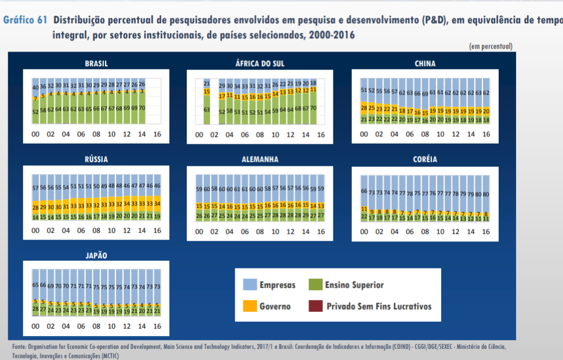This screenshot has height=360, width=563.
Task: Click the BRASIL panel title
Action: click(96, 64)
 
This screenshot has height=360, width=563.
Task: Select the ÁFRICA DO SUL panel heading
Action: click(260, 64)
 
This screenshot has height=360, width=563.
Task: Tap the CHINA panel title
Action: click(425, 64)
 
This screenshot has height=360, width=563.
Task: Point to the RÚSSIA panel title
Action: click(96, 159)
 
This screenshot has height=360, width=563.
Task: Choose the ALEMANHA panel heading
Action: click(260, 159)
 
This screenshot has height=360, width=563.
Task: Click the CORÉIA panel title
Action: click(425, 159)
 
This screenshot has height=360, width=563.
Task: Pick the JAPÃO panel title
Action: click(96, 255)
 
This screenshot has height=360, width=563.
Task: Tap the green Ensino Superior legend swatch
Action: click(314, 285)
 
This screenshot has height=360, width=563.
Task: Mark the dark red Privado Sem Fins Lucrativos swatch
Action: click(314, 306)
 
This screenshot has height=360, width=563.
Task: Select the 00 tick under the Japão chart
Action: click(35, 326)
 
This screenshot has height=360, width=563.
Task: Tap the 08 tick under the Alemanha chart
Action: click(260, 231)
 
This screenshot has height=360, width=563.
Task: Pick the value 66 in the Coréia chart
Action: click(364, 192)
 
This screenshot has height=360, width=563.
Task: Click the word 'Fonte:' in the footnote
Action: click(19, 347)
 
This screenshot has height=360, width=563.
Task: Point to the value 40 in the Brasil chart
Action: click(35, 88)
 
